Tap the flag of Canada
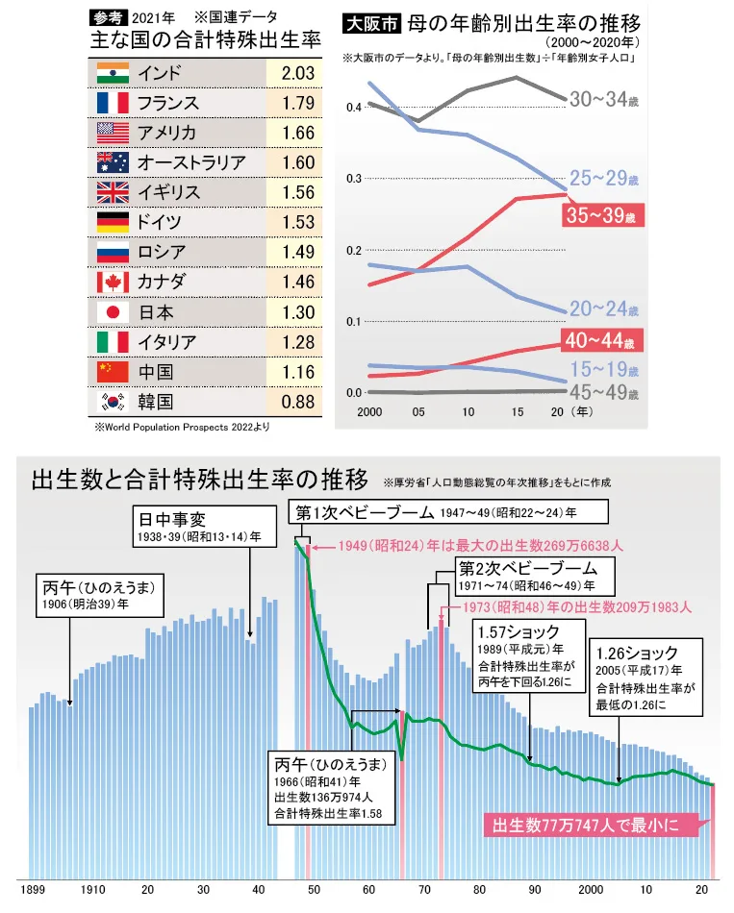pyautogui.click(x=114, y=282)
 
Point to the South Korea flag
pyautogui.click(x=114, y=401)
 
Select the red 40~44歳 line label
pyautogui.click(x=601, y=340)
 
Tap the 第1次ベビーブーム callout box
pyautogui.click(x=447, y=511)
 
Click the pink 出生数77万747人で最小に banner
pyautogui.click(x=593, y=825)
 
